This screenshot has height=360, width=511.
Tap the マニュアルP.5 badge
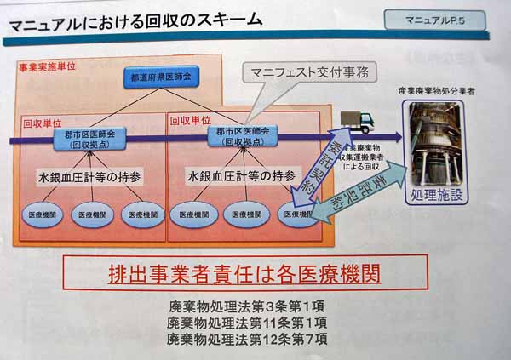point(437,18)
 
